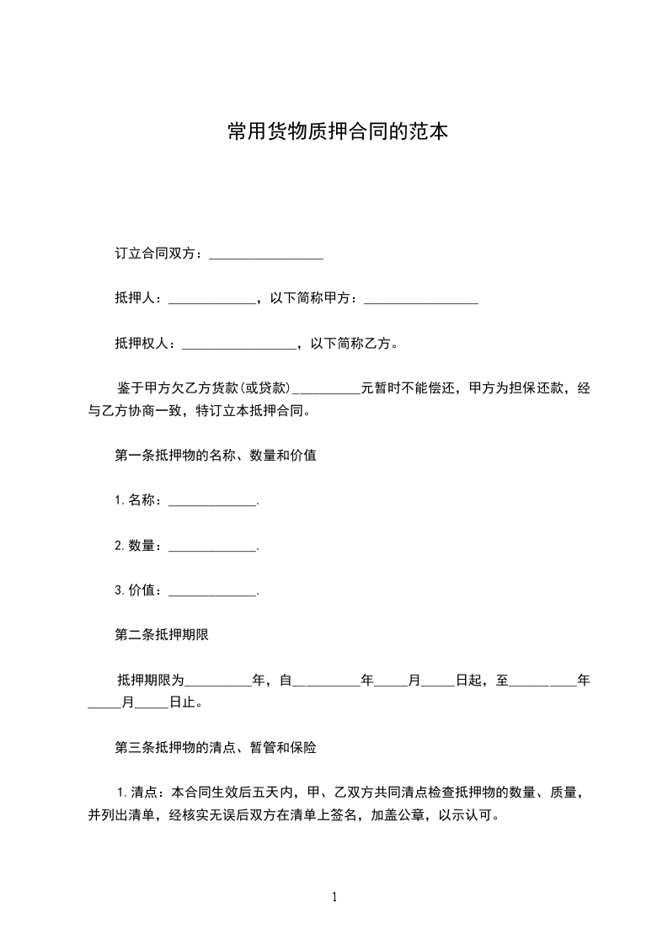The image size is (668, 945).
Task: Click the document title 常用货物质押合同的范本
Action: coord(336,131)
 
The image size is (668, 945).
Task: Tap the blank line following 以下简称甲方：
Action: coord(421,300)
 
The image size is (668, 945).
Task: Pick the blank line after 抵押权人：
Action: coord(238,344)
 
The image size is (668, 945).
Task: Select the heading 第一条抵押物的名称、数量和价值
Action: coord(215,456)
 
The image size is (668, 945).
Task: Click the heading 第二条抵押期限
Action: coord(161,635)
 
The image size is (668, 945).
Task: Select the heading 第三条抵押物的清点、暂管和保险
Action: coord(215,747)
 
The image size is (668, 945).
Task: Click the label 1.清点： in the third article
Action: coord(142,793)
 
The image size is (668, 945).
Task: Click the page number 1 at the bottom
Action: coord(334,897)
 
